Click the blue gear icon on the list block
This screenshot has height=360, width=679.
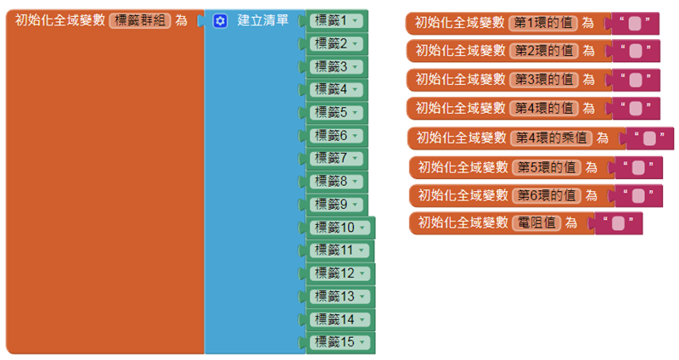point(220,20)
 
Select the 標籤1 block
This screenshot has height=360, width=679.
point(330,20)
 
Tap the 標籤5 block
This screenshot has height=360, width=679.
point(330,112)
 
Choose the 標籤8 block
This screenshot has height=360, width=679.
point(330,181)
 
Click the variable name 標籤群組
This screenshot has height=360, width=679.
point(140,20)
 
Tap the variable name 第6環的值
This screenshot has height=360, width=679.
point(547,195)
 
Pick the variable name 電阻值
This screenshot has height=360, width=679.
point(538,223)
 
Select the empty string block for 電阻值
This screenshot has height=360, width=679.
point(617,223)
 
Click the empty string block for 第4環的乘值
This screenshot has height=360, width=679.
point(648,138)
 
